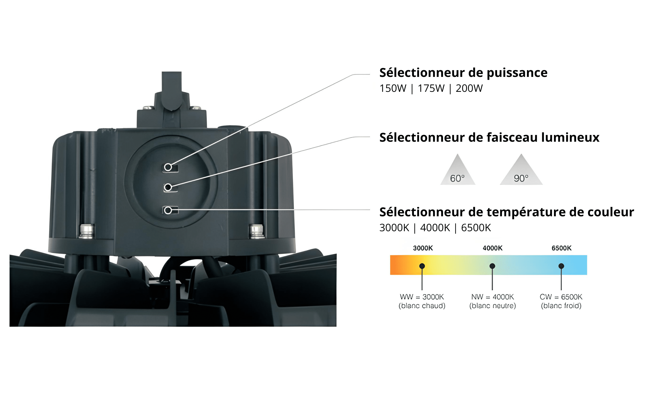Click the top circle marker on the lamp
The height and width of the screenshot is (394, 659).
(x=168, y=167)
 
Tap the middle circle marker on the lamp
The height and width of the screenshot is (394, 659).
(x=168, y=187)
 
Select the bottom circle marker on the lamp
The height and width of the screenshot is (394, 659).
(x=168, y=210)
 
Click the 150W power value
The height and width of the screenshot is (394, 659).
(x=393, y=88)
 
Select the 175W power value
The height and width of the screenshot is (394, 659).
(x=431, y=88)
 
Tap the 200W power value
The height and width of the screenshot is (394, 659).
(x=469, y=88)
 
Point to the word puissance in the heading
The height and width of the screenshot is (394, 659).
(x=517, y=73)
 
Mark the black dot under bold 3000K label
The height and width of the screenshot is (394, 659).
(x=422, y=266)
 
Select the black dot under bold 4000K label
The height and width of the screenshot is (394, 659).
(x=492, y=266)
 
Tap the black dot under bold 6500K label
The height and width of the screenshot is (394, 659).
(x=561, y=266)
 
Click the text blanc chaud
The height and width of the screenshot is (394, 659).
(x=422, y=306)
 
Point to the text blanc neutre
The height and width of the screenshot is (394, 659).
(x=492, y=306)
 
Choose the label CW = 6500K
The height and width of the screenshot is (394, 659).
(x=561, y=297)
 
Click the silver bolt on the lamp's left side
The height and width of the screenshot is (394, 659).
(x=87, y=231)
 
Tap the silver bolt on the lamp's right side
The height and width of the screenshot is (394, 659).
(x=257, y=231)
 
